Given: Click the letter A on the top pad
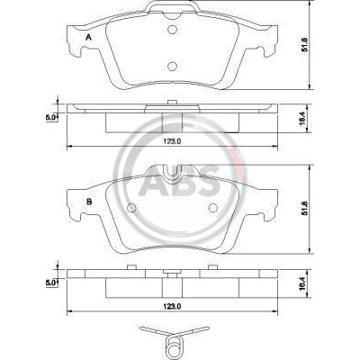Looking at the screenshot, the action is (88, 38).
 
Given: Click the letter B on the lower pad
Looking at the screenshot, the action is (89, 202).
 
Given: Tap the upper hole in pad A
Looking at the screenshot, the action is (172, 30).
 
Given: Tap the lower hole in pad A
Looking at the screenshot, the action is (172, 66).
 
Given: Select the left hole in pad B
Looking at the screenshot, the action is (131, 208).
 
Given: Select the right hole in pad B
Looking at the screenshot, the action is (213, 208).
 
